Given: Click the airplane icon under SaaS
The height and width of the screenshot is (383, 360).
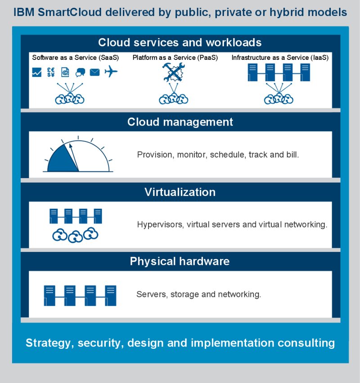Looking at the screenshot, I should coord(111,72).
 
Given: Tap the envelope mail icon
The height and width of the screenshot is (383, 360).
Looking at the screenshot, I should coord(94,72).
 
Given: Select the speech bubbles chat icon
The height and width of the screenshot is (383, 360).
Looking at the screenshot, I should coord(81,72).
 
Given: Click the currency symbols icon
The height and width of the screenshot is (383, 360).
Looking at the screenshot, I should coord(51,72).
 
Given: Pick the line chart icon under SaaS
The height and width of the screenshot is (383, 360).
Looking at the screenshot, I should coord(37,72).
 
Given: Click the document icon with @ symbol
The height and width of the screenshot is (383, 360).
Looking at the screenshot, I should coord(66,72).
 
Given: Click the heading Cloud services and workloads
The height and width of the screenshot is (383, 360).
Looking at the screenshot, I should coord(180,43).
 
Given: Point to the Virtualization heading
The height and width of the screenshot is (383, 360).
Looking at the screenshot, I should coord(180,193).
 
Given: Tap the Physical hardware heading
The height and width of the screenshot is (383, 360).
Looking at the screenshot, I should coord(180,261).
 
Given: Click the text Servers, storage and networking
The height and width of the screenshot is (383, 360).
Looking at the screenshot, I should coord(198,294).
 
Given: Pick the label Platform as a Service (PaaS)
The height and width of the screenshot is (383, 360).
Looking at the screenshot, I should coord(175,58).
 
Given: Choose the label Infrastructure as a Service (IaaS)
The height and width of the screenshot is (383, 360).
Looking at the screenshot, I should coord(280,58).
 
